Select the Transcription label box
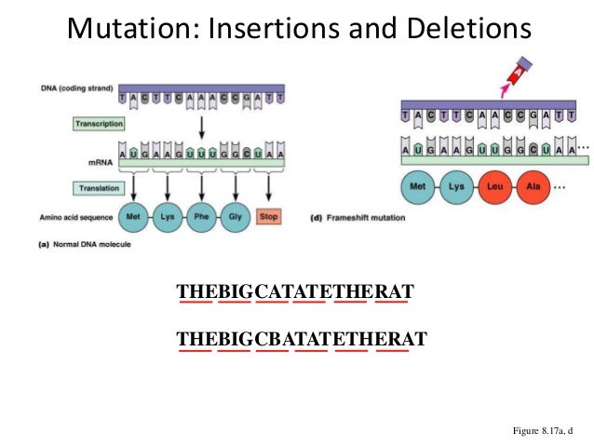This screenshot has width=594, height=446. tap(99, 123)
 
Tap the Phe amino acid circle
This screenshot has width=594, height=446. tap(198, 215)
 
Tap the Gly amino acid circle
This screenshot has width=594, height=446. tap(234, 215)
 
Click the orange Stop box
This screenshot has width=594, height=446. tap(269, 216)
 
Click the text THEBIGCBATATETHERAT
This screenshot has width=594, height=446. tap(302, 338)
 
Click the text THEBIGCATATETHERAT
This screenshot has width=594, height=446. tap(295, 292)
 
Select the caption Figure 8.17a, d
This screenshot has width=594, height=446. tap(543, 431)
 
